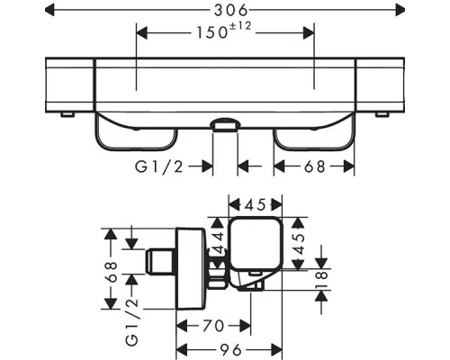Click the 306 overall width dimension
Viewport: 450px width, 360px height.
(x=231, y=11)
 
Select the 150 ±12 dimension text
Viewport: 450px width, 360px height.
(x=224, y=31)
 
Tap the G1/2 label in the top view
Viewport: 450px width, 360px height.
(x=158, y=166)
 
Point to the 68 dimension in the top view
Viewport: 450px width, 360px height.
(x=314, y=166)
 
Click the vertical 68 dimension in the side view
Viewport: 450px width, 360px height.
(x=112, y=272)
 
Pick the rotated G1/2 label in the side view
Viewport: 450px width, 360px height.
(x=132, y=322)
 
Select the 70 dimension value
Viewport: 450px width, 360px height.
(x=213, y=326)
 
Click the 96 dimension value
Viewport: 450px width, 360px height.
(x=231, y=350)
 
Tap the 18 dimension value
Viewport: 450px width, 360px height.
(x=322, y=280)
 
